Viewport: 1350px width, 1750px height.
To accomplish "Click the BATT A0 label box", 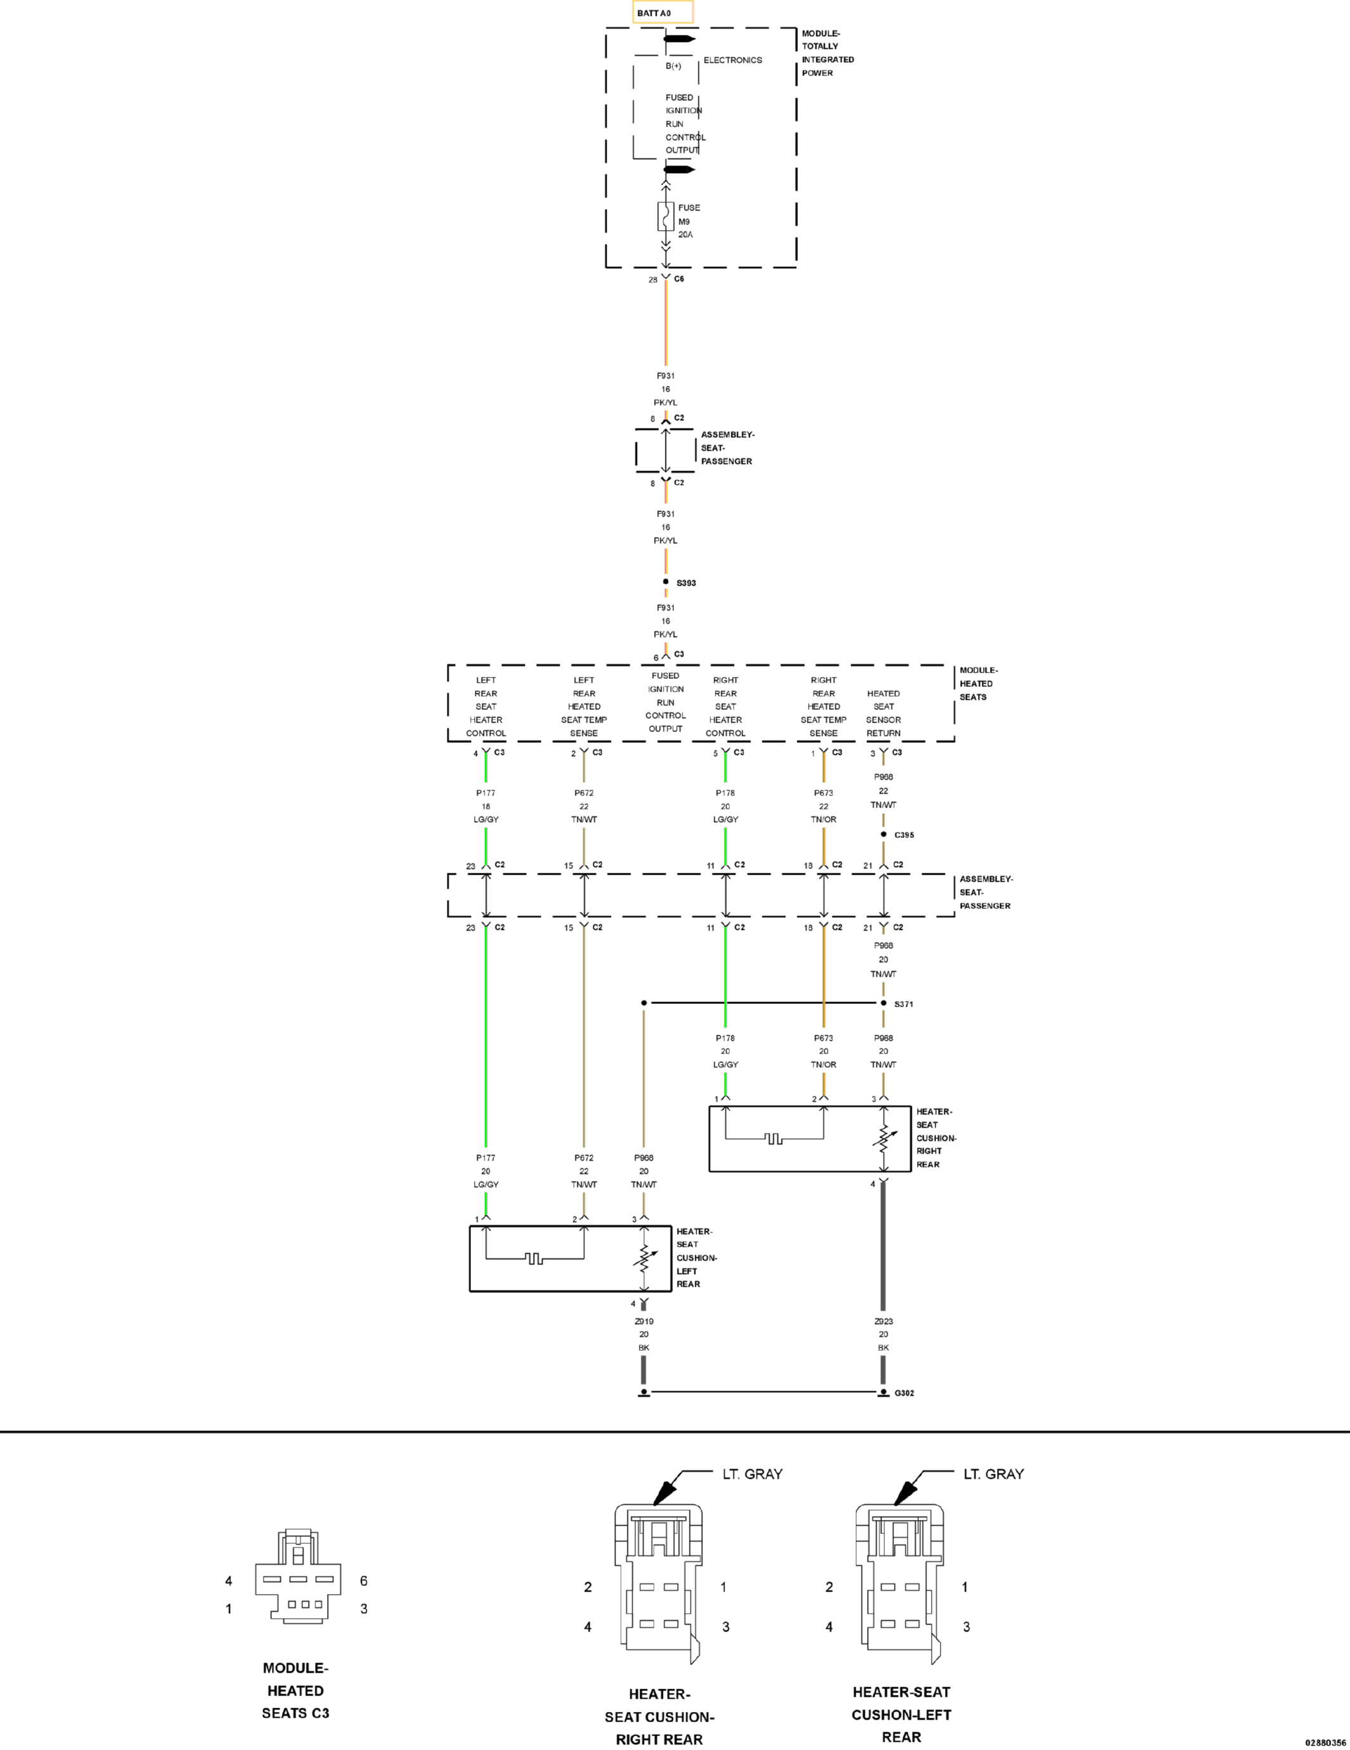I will click(662, 13).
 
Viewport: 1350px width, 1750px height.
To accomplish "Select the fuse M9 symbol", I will click(665, 216).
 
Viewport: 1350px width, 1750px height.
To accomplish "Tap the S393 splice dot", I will click(665, 582).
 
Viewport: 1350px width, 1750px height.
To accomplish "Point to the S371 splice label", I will click(904, 1004).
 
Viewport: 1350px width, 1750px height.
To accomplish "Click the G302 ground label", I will click(904, 1393).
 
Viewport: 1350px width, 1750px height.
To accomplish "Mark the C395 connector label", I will click(904, 835).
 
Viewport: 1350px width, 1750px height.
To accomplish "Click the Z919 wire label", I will click(644, 1322).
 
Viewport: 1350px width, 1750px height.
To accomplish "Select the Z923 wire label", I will click(884, 1322).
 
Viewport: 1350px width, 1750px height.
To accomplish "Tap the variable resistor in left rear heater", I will click(644, 1259).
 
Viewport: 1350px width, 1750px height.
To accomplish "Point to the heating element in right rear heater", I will click(774, 1138).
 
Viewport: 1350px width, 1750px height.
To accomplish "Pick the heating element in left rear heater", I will click(534, 1258).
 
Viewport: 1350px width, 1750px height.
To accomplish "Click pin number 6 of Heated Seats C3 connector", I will click(364, 1581).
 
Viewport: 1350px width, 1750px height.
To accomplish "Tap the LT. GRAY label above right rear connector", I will click(752, 1474).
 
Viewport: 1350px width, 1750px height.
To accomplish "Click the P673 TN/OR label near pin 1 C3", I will click(823, 806).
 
